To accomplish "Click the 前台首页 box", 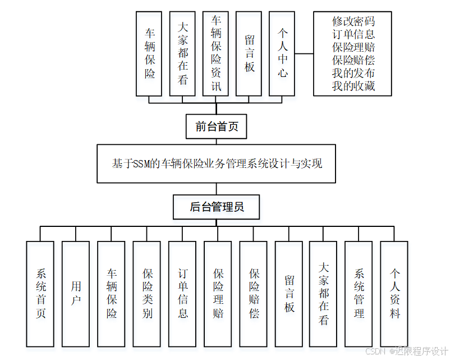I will pos(217,126).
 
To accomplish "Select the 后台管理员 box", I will pos(217,207).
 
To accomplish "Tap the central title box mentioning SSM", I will pos(217,164).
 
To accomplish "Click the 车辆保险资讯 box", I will pos(216,53).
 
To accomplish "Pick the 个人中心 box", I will pos(282,53).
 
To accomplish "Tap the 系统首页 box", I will pos(40,293).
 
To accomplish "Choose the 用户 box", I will pos(76,293).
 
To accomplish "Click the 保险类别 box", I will pos(147,293).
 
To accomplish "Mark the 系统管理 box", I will pos(359,293).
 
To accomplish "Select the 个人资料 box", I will pos(394,293).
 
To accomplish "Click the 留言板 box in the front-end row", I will pos(249,53).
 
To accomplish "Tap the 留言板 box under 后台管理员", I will pos(289,293).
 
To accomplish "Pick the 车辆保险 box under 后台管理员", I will pos(111,293).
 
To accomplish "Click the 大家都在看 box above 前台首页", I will pos(183,53).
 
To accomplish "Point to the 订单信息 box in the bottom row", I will pos(182,293).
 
